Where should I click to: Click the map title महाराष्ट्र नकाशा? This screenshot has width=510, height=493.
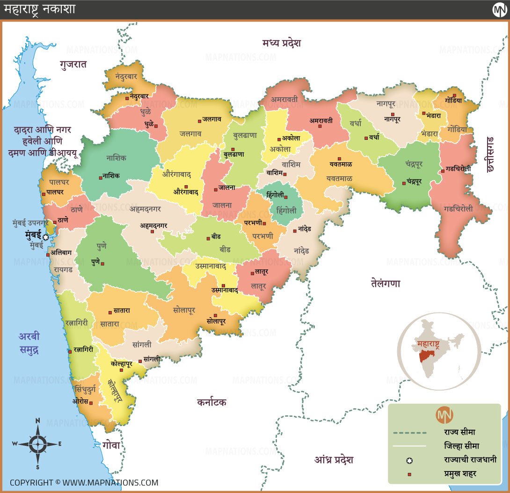[40, 9]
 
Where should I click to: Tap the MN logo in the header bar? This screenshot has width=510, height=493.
[500, 9]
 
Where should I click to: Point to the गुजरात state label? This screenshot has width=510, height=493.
[73, 65]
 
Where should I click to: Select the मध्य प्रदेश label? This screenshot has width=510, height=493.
[282, 43]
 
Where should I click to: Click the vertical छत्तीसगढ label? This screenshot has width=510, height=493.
[490, 154]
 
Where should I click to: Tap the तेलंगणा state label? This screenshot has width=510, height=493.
[386, 283]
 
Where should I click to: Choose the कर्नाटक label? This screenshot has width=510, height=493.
[211, 402]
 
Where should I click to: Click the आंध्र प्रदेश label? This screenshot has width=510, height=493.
[334, 460]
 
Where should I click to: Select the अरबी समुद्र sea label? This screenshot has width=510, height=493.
[29, 343]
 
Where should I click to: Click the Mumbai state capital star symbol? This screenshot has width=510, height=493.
[45, 237]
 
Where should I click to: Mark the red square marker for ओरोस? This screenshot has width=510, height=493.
[91, 403]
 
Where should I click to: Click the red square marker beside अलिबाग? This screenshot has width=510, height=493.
[48, 254]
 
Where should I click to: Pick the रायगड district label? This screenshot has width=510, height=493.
[63, 269]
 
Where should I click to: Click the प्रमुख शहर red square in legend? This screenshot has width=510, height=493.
[409, 474]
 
